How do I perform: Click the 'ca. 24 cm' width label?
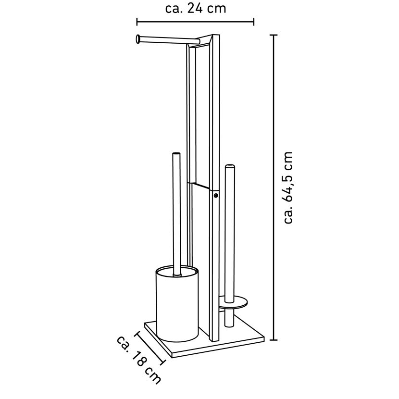click(196, 8)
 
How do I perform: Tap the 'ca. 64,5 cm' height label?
click(288, 188)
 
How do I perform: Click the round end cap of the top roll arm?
click(137, 39)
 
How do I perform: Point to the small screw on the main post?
click(216, 196)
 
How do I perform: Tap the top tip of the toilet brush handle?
click(176, 154)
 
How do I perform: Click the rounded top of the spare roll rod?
click(229, 166)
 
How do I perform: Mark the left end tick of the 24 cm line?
click(137, 22)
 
